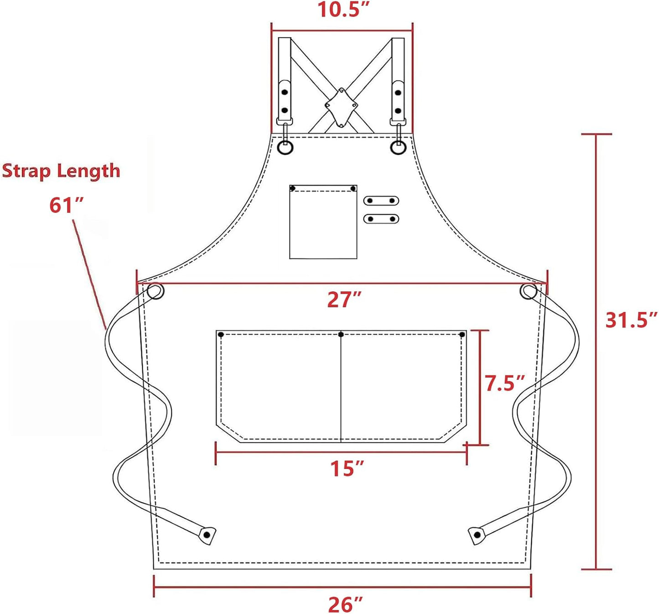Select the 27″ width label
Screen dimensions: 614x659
[344, 300]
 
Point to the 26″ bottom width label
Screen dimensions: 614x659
[345, 605]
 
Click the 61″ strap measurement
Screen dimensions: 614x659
[67, 206]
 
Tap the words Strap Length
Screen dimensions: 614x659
[61, 171]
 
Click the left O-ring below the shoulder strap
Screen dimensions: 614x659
[285, 147]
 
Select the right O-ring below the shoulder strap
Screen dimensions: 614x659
[398, 147]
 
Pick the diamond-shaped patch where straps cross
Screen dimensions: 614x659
[341, 107]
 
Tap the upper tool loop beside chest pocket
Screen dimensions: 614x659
[381, 201]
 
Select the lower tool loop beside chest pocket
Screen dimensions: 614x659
[381, 219]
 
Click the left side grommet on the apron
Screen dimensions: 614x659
[156, 291]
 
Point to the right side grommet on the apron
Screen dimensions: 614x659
[528, 291]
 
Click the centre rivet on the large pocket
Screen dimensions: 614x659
[341, 334]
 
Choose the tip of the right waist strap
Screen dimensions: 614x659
[477, 535]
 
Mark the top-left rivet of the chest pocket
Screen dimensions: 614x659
[293, 188]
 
